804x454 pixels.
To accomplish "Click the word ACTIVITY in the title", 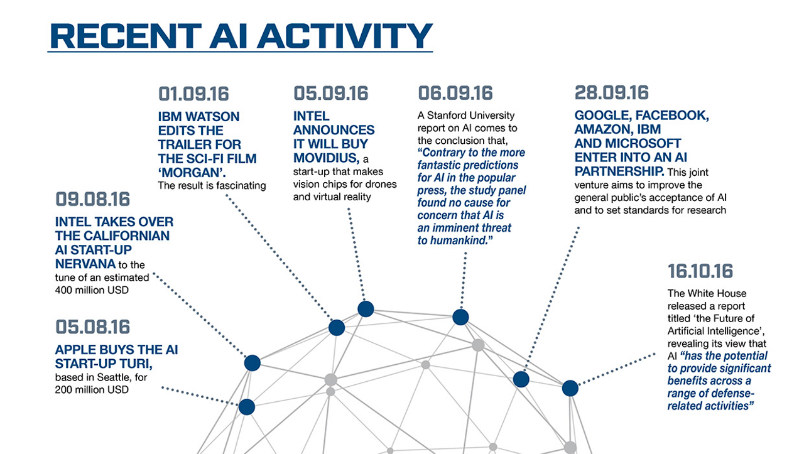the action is [x=345, y=36].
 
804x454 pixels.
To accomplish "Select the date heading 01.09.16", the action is [x=193, y=94].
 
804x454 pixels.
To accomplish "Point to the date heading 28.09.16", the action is [x=612, y=92].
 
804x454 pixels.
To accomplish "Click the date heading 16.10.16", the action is [x=700, y=271].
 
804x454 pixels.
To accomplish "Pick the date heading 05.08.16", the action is [x=92, y=327].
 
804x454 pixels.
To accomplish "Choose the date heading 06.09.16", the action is [x=455, y=94].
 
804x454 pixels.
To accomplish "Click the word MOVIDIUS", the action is [x=326, y=158].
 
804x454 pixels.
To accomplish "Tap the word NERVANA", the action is [x=85, y=264].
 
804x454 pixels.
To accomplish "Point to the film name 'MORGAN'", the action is [x=192, y=173].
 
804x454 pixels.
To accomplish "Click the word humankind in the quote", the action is [x=460, y=241].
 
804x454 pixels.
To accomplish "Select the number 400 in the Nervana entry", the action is [x=63, y=290].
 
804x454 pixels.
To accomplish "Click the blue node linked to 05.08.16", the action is [x=247, y=407].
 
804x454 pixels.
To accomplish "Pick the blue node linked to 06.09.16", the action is [x=460, y=317].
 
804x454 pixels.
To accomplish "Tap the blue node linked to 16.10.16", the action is [x=570, y=388].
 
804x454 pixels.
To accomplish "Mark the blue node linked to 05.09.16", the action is [x=366, y=309].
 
